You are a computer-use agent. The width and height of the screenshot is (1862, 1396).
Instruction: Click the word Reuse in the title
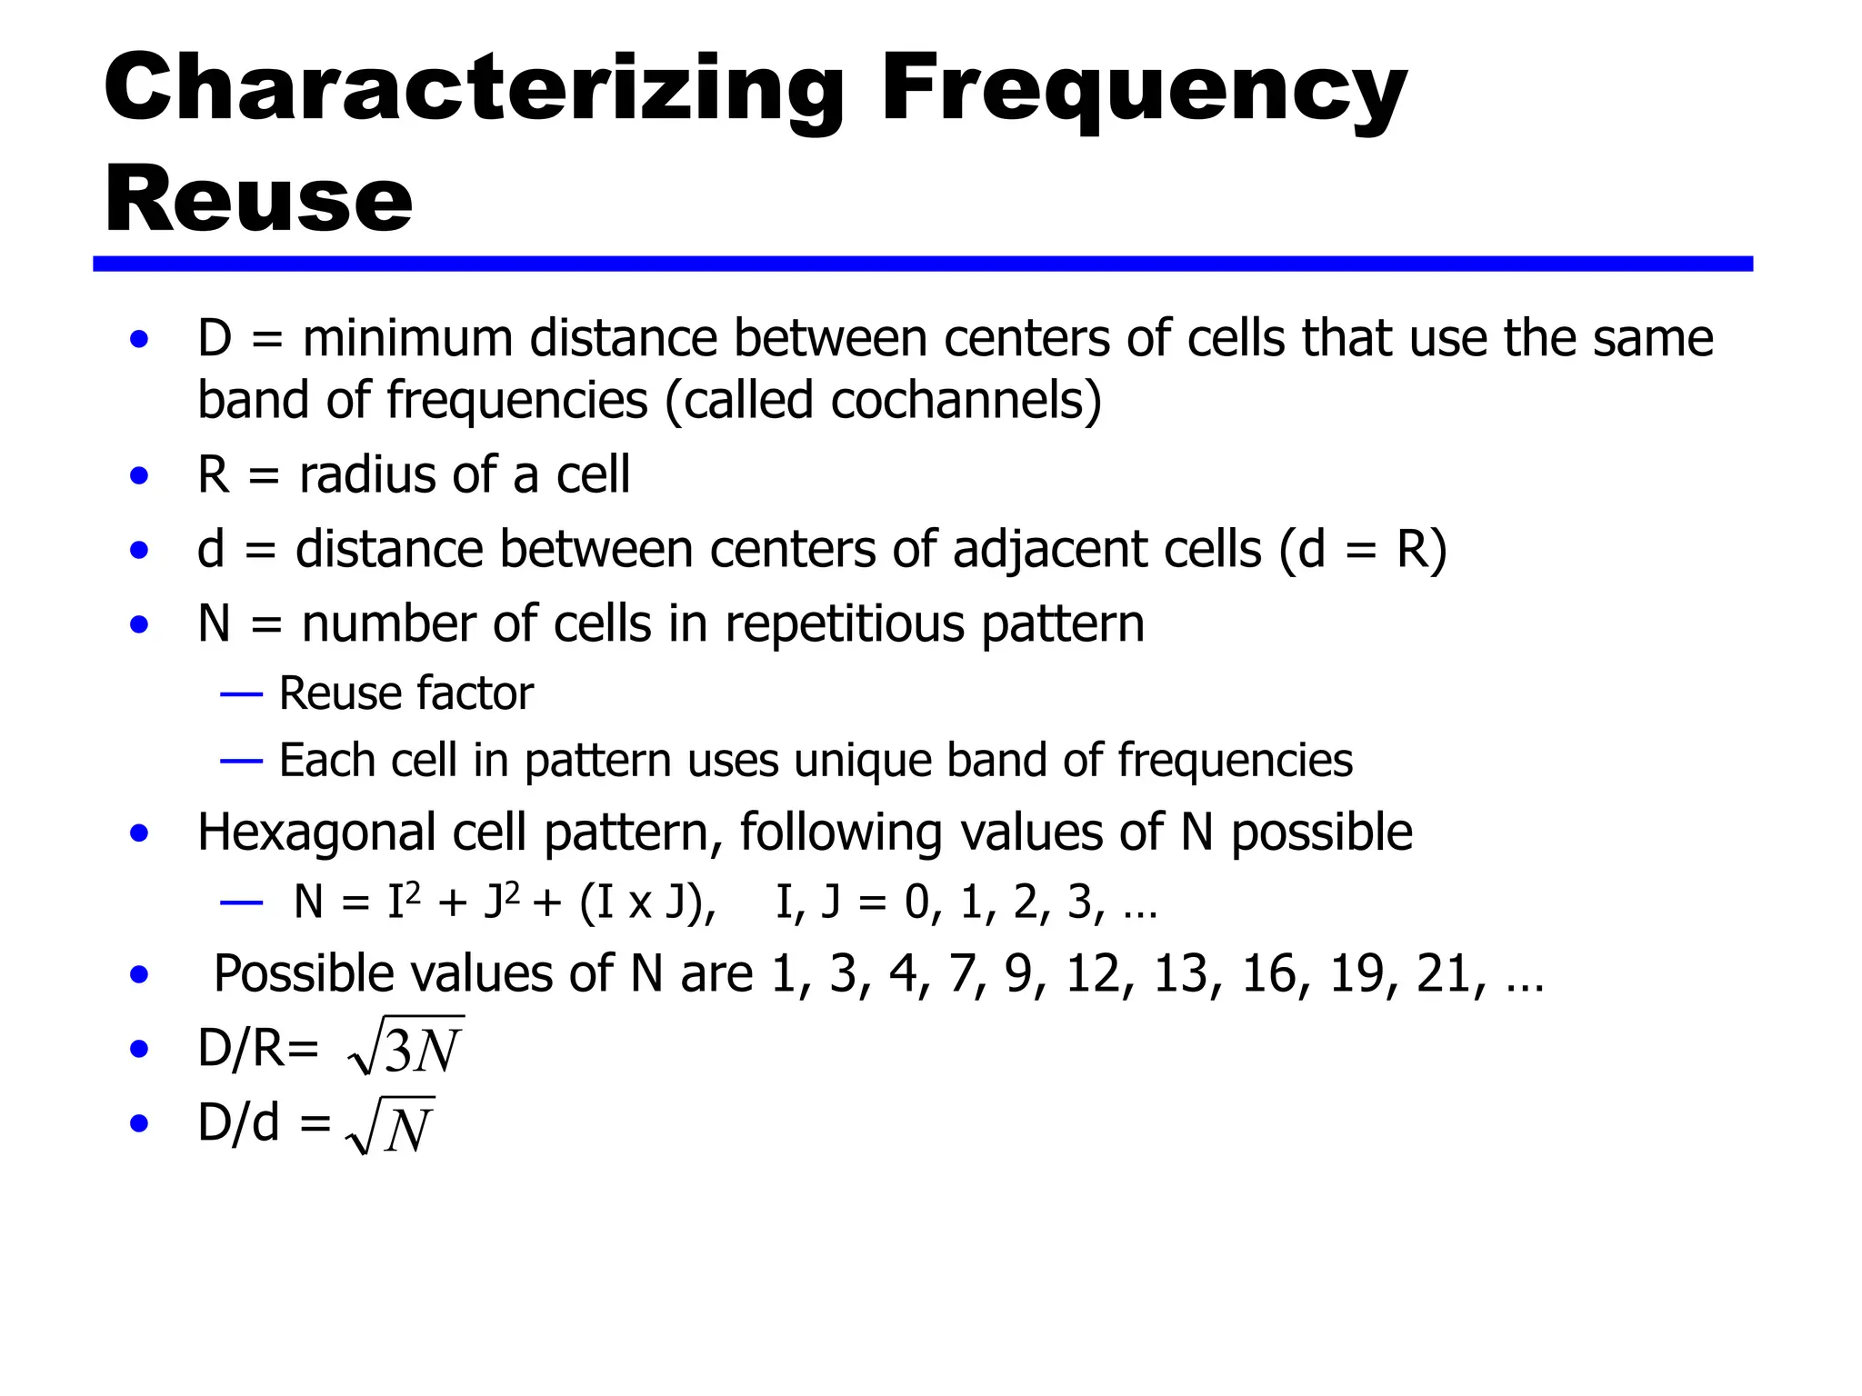pyautogui.click(x=258, y=200)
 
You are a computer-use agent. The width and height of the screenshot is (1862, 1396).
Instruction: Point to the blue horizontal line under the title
pyautogui.click(x=922, y=264)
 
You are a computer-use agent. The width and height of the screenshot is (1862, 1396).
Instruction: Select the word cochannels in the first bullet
pyautogui.click(x=958, y=401)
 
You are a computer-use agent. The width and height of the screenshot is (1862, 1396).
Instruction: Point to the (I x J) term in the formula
pyautogui.click(x=646, y=903)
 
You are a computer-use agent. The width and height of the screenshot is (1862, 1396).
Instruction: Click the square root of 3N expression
pyautogui.click(x=405, y=1047)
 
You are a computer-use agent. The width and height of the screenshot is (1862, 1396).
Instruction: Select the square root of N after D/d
pyautogui.click(x=391, y=1126)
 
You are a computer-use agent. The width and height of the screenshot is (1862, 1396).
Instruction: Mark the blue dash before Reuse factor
pyautogui.click(x=241, y=695)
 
